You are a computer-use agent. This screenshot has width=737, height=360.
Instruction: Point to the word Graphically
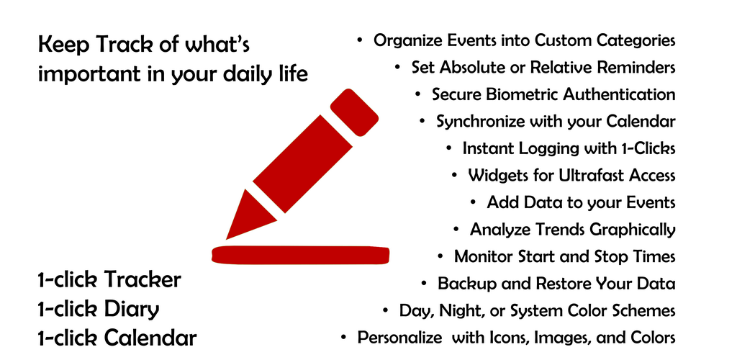633,230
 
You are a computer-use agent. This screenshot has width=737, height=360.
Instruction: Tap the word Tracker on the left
143,280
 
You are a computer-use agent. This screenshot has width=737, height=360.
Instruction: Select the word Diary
132,310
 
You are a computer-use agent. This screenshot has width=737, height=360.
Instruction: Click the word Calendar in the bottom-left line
150,338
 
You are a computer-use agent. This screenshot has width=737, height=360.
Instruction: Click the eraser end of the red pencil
354,113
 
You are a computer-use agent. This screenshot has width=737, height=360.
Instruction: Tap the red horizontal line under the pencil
300,255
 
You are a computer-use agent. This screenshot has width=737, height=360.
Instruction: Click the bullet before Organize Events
360,40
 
